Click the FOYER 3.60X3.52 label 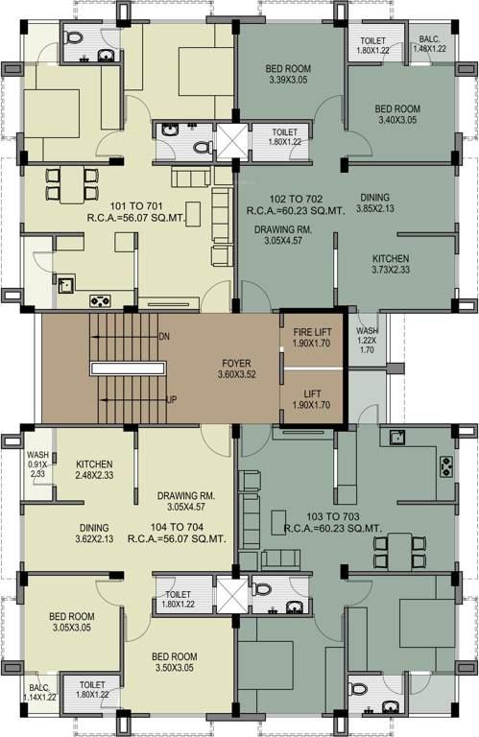[235, 369]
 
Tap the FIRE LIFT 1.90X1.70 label [312, 337]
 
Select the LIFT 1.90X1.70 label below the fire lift [312, 398]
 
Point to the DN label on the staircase [165, 337]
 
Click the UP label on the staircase [172, 399]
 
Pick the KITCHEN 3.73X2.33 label [391, 265]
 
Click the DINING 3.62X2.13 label [94, 534]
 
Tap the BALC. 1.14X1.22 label [39, 694]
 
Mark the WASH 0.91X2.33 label [37, 464]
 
